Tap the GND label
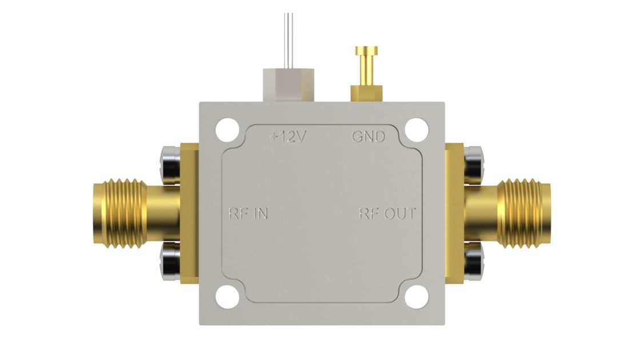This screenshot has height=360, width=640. click(x=368, y=137)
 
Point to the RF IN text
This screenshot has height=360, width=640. click(x=248, y=214)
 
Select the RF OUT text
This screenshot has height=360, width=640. click(x=387, y=214)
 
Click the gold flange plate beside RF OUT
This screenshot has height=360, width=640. click(x=455, y=214)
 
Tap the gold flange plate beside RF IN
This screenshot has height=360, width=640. click(x=189, y=214)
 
